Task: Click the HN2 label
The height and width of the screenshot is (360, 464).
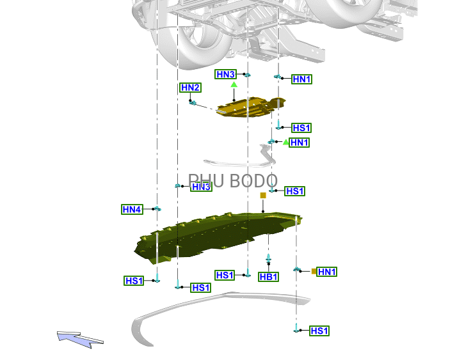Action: click(191, 88)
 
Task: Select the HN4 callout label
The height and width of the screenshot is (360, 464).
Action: click(132, 209)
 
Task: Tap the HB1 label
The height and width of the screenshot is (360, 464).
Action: click(269, 277)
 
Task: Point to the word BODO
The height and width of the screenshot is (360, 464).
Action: click(253, 182)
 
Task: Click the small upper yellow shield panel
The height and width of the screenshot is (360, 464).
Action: click(250, 107)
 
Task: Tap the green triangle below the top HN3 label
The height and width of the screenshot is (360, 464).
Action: click(234, 84)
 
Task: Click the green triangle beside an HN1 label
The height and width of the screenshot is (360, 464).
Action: click(285, 142)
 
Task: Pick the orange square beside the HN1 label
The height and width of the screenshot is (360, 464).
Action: click(314, 272)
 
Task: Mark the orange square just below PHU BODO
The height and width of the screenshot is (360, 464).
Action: click(262, 195)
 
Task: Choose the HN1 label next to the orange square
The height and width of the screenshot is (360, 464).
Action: click(327, 272)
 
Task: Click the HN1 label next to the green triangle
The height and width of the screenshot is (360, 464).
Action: click(300, 143)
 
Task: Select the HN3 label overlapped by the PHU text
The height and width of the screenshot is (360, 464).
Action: click(201, 187)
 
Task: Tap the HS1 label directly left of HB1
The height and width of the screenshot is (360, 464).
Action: click(225, 275)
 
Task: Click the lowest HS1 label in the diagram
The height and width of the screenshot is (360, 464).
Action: click(319, 331)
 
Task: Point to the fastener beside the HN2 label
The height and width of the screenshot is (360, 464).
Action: click(192, 102)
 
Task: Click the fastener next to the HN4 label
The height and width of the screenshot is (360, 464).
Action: click(157, 209)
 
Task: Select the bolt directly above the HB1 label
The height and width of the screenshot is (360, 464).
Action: click(268, 260)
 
